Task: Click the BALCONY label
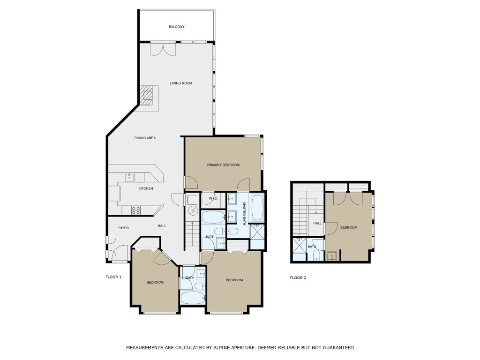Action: point(177,27)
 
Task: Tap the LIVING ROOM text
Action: point(181,83)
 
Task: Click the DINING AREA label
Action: point(145,138)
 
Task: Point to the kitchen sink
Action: point(130,177)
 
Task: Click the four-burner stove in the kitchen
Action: point(135,210)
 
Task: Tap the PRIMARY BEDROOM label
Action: point(223,165)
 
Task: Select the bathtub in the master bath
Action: point(258,207)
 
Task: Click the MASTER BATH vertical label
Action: point(244,213)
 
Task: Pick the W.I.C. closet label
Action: point(213,199)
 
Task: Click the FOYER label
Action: point(123,228)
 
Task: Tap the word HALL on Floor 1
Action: point(162,226)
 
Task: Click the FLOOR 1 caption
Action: point(113,277)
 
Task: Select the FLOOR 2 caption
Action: point(298,277)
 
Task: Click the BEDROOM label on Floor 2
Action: point(348,227)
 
